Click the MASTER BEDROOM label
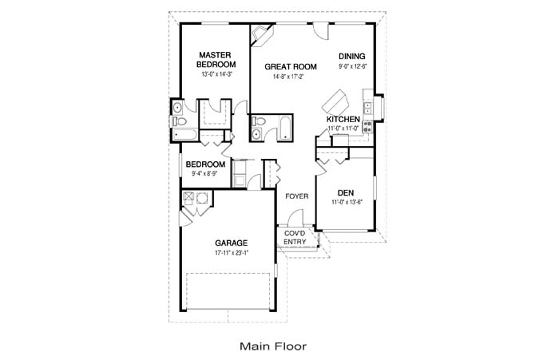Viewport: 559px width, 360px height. (216, 59)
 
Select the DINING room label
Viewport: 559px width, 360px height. (351, 56)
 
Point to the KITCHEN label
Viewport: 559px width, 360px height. (343, 120)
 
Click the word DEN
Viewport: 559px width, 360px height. (345, 192)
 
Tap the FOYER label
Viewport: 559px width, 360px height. (296, 196)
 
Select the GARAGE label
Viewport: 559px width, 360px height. (231, 243)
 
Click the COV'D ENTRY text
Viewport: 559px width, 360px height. (295, 237)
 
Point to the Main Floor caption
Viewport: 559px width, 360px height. (272, 346)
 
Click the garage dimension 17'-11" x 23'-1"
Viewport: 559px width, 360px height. (232, 253)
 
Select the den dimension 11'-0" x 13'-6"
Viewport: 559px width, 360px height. (347, 202)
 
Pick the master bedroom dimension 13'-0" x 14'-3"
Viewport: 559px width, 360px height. (216, 74)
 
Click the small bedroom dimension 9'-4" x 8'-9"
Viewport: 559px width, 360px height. (205, 173)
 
